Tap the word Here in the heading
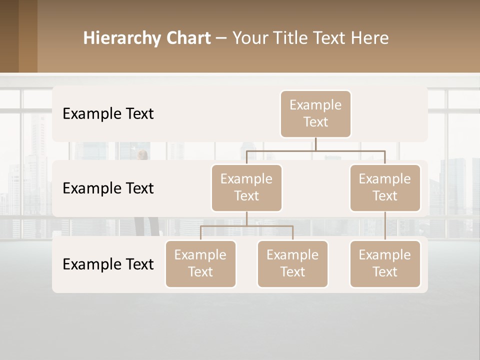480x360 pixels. coord(370,38)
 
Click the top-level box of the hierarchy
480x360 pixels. coord(315,113)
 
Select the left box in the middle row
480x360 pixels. coord(246,187)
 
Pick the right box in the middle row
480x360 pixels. coord(385,187)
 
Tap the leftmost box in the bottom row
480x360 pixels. coord(200,263)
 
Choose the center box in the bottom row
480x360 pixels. coord(292,263)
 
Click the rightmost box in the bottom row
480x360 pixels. coord(385,263)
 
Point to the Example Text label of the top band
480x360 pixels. coord(108,114)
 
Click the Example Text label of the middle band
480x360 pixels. coord(108,188)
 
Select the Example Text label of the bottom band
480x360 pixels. coord(108,264)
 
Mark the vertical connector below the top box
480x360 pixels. coord(315,144)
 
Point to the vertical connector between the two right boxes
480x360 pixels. coord(385,226)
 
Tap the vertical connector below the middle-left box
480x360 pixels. coord(246,218)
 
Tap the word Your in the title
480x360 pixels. coord(249,38)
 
